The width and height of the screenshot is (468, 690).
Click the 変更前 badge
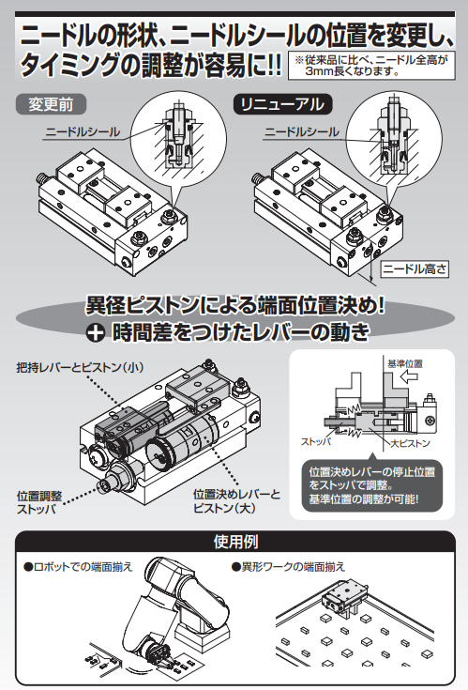tap(51, 105)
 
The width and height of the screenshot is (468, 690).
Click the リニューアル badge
tap(282, 105)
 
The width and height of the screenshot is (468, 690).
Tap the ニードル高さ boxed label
tap(415, 268)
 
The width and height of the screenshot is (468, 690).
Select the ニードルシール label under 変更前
tap(83, 132)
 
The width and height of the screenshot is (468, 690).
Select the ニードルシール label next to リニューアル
tap(302, 132)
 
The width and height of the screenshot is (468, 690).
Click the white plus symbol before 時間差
tap(95, 333)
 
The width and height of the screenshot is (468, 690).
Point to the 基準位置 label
tap(405, 363)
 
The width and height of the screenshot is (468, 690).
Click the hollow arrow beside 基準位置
tap(410, 376)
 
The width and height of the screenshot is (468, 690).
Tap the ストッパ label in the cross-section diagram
tap(316, 441)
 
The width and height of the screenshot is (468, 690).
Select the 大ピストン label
tap(411, 443)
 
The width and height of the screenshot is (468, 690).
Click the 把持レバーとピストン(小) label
tap(80, 367)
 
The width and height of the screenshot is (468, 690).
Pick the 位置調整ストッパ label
tap(39, 502)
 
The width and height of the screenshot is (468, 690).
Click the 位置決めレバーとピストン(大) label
tap(237, 500)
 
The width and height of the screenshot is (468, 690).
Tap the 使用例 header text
tap(235, 542)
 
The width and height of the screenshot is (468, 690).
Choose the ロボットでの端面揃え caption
tap(78, 567)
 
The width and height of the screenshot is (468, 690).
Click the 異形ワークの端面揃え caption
tap(288, 567)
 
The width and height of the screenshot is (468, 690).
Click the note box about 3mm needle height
tap(371, 66)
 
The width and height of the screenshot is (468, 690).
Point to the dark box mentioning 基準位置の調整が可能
tap(372, 485)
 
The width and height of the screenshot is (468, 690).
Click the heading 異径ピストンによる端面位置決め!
tap(235, 305)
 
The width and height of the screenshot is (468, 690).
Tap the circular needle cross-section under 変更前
tap(179, 138)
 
